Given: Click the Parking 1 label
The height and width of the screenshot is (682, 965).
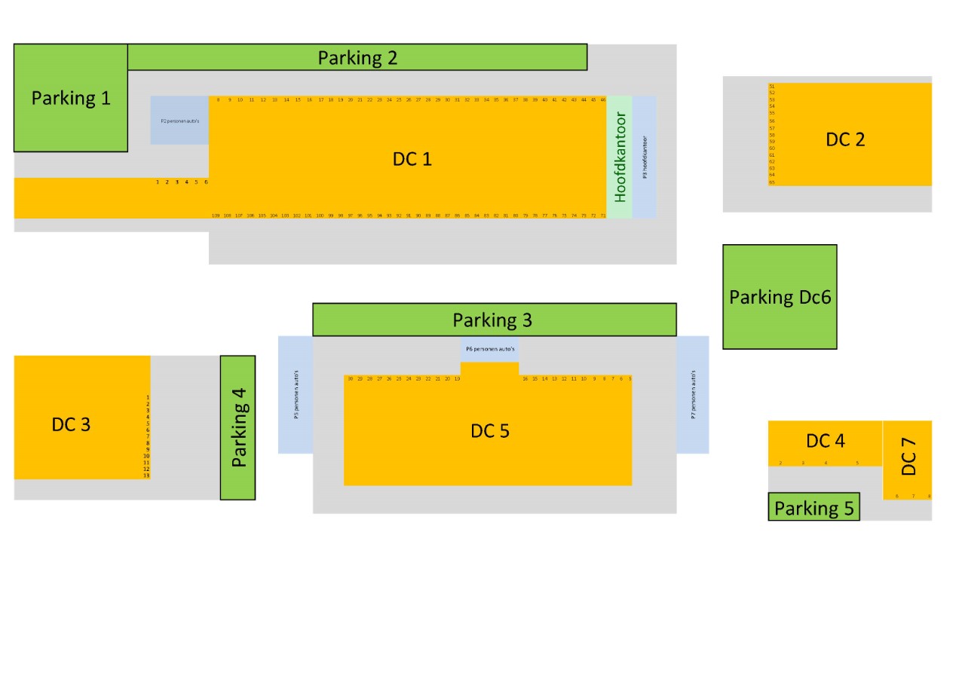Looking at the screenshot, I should point(71,98).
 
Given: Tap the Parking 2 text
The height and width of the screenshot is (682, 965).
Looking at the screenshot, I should point(357,57).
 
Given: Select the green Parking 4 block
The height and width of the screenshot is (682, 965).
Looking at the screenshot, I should point(238,427).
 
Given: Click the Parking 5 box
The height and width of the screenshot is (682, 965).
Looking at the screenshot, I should point(814,507).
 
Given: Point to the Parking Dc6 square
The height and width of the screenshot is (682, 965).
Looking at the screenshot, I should point(780,297).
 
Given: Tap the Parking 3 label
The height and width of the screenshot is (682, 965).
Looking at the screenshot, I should point(492,320).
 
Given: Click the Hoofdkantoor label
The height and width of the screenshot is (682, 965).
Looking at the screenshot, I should point(620,158).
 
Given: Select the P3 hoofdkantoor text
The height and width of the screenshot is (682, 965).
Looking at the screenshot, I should point(645,158).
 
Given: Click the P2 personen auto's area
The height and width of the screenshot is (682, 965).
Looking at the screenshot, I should point(179,120).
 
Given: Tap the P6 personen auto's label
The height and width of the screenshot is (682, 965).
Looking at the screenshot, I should point(490,350).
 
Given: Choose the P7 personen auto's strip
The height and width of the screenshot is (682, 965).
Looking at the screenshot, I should point(693,395).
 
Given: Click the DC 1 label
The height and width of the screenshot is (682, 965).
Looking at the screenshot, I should point(412,159).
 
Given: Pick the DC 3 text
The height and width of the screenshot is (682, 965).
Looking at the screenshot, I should point(71,424).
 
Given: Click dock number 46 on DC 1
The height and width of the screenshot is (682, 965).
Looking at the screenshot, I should point(603,99).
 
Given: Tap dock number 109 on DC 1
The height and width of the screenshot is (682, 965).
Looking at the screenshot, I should point(216,216).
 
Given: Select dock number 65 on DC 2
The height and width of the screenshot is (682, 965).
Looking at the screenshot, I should point(772,182).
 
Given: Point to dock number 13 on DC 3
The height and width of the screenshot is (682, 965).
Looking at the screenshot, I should point(146,476).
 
